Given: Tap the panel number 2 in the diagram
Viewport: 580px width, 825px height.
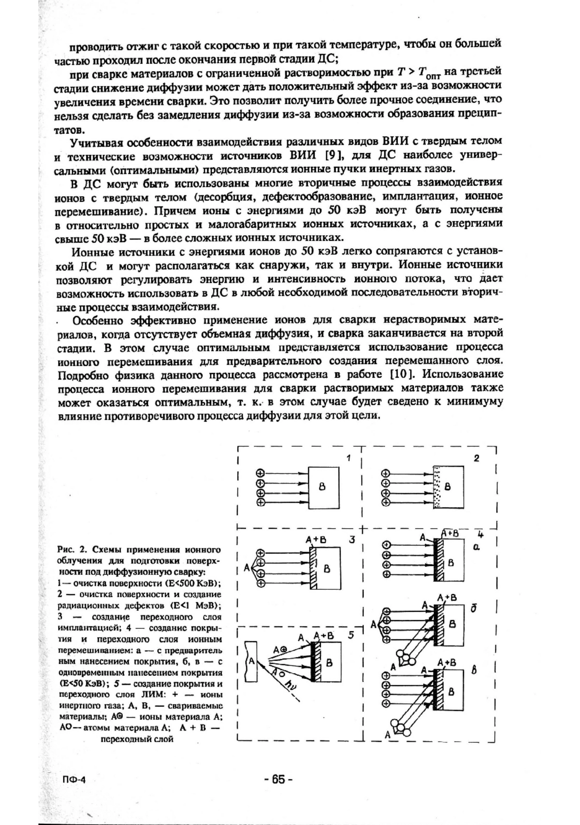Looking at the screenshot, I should (476, 458).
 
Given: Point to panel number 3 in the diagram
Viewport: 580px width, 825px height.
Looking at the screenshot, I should (352, 540).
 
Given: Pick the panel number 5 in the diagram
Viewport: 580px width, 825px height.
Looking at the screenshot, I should (351, 635).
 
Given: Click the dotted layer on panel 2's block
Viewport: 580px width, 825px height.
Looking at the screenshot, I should (437, 487).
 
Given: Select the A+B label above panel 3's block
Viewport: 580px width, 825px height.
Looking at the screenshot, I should (317, 540).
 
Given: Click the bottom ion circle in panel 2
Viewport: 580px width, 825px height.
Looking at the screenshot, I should (386, 502).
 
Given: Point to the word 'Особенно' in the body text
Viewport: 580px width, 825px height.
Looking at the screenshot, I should (100, 320).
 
